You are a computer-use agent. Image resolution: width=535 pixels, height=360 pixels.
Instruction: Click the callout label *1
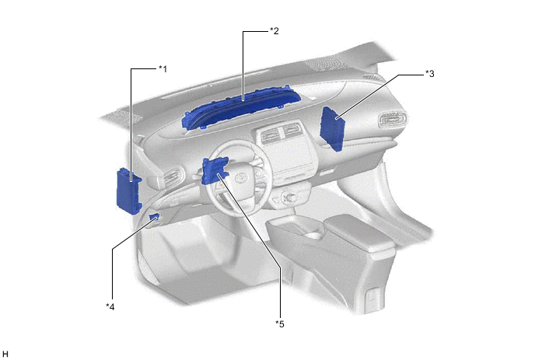point(163,69)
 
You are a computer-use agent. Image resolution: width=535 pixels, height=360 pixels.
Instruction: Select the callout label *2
point(274,31)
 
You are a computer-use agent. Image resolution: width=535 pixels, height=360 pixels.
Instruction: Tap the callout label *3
point(430,73)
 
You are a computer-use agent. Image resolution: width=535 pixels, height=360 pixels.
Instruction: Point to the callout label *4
point(110,307)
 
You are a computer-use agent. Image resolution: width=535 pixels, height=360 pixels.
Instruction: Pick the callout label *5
point(280,323)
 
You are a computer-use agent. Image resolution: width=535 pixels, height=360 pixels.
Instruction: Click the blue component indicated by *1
point(128,191)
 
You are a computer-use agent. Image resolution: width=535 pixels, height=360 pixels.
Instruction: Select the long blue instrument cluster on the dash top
point(240,110)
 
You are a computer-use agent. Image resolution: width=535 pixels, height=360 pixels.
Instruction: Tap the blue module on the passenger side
point(333,128)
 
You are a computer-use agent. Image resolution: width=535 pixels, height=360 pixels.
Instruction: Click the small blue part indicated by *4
point(154,217)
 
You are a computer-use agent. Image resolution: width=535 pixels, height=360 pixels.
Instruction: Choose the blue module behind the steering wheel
point(215,170)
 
